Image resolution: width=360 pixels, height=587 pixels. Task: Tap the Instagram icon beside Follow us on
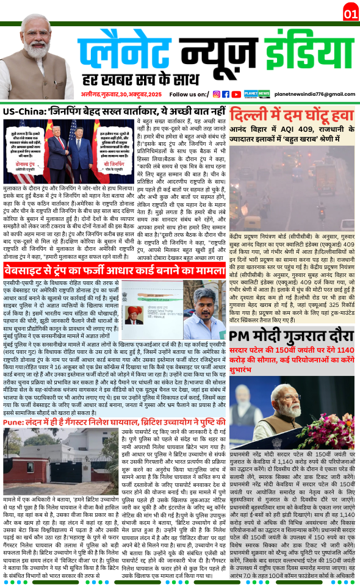point(216,94)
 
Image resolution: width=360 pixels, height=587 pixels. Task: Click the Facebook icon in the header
point(226,94)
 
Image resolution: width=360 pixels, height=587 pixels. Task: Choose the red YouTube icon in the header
point(236,94)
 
